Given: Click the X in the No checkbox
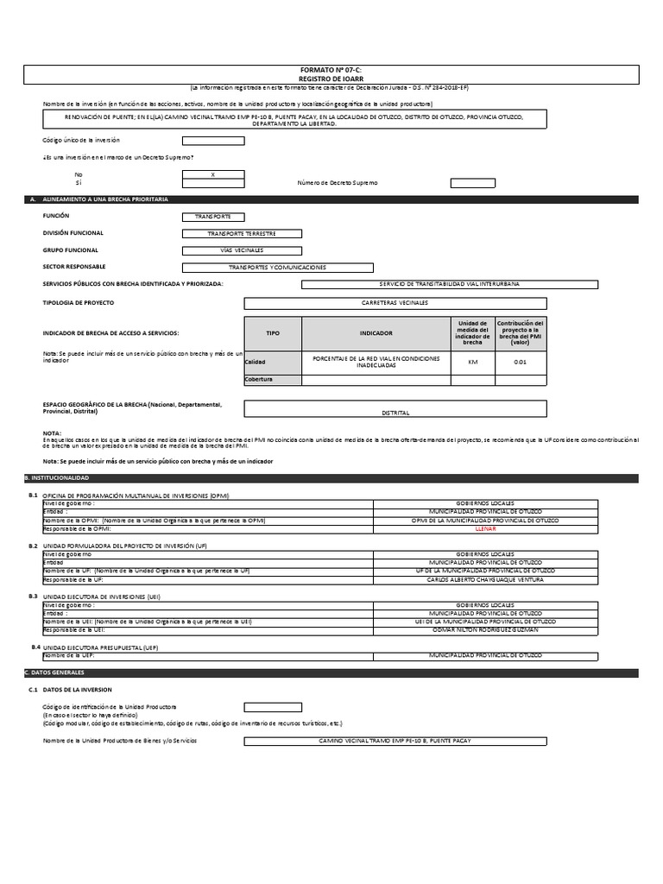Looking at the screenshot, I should pyautogui.click(x=213, y=174).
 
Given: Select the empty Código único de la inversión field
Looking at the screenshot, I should pyautogui.click(x=213, y=140).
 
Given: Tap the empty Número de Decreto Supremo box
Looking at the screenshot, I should pyautogui.click(x=473, y=183).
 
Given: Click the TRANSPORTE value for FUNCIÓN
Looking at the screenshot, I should pyautogui.click(x=213, y=217).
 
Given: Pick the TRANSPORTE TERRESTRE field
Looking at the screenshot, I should pyautogui.click(x=243, y=233).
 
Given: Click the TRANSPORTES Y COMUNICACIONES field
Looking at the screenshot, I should pyautogui.click(x=278, y=268).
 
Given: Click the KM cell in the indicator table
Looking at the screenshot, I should pyautogui.click(x=472, y=362).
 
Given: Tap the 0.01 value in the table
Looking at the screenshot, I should pyautogui.click(x=520, y=362).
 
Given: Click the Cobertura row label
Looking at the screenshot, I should pyautogui.click(x=259, y=379).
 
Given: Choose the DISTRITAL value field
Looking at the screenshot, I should pyautogui.click(x=395, y=413).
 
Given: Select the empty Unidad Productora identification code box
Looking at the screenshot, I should pyautogui.click(x=273, y=707).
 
